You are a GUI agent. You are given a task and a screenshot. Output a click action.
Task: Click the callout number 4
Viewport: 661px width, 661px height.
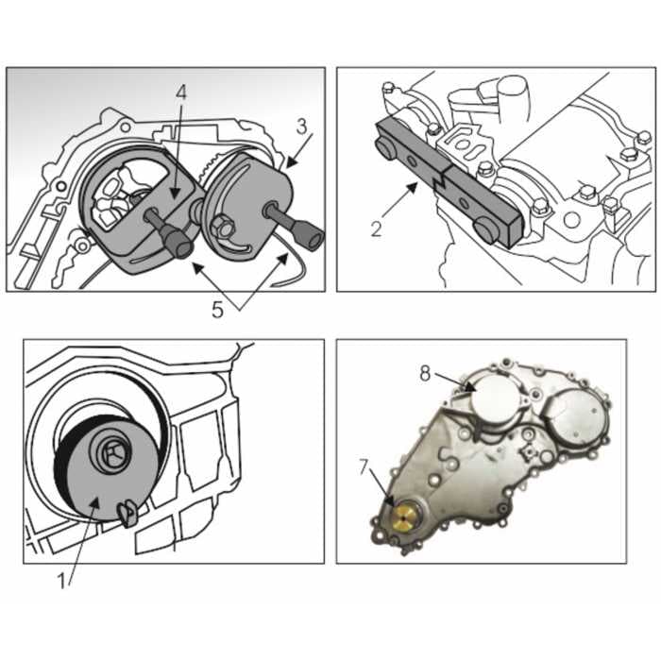click(182, 93)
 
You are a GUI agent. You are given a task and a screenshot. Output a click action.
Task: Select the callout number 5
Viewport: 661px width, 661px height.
click(217, 309)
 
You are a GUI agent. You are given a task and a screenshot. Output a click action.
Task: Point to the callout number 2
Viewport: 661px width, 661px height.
click(376, 228)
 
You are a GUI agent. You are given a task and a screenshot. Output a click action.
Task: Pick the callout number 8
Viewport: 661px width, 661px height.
click(427, 373)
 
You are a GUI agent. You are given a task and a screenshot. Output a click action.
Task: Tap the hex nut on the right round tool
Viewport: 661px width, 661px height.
click(223, 228)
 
